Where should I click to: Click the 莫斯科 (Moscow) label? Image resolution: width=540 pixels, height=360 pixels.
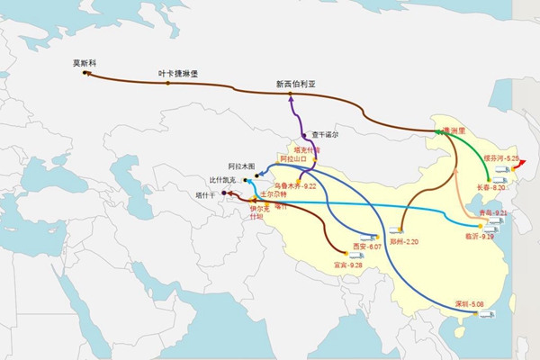pyautogui.click(x=85, y=64)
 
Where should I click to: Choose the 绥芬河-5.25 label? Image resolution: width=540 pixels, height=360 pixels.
pyautogui.click(x=502, y=158)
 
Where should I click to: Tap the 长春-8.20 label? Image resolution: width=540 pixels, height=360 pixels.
pyautogui.click(x=491, y=187)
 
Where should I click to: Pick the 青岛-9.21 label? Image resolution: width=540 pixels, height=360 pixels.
pyautogui.click(x=495, y=213)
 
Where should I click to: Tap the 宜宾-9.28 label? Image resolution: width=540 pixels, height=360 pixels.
pyautogui.click(x=347, y=265)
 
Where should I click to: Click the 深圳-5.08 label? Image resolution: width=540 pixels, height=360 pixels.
pyautogui.click(x=469, y=304)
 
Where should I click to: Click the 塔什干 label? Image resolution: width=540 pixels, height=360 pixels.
pyautogui.click(x=206, y=193)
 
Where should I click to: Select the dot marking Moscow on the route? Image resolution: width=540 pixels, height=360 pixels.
pyautogui.click(x=85, y=73)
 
